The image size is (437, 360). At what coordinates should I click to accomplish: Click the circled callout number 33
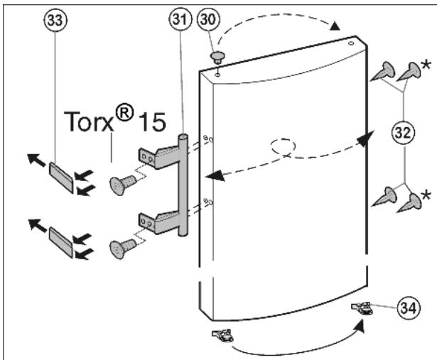coord(55,20)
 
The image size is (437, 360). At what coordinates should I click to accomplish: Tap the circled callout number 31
coord(180,19)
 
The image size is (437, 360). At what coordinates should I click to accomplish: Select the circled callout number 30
coord(208,19)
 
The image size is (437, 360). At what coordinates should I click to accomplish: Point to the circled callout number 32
coord(404,133)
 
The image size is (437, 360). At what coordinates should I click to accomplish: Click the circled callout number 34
coord(409,308)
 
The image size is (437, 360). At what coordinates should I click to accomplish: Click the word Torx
coord(89,121)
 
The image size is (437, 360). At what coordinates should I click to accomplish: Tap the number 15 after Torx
coord(152,121)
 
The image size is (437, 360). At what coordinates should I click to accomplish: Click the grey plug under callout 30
coord(217,57)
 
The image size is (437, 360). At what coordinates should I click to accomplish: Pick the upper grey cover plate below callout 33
coord(61,178)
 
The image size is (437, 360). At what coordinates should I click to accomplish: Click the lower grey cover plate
coord(61,241)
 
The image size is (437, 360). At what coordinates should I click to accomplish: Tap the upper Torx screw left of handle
coord(123,184)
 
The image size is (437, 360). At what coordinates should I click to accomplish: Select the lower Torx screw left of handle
coord(123,248)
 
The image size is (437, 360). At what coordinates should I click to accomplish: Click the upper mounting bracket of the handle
coord(158,158)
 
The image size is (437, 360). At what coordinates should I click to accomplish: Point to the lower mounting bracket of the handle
coord(158,222)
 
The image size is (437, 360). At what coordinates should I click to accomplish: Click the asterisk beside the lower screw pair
coord(426,195)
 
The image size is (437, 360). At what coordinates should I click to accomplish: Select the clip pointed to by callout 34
coord(362,308)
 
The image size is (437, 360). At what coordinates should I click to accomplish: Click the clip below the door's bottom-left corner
coord(222,335)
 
